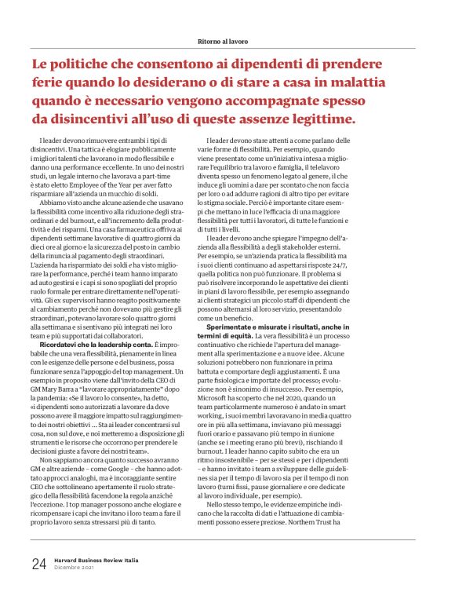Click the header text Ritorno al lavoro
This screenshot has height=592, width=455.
click(227, 39)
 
